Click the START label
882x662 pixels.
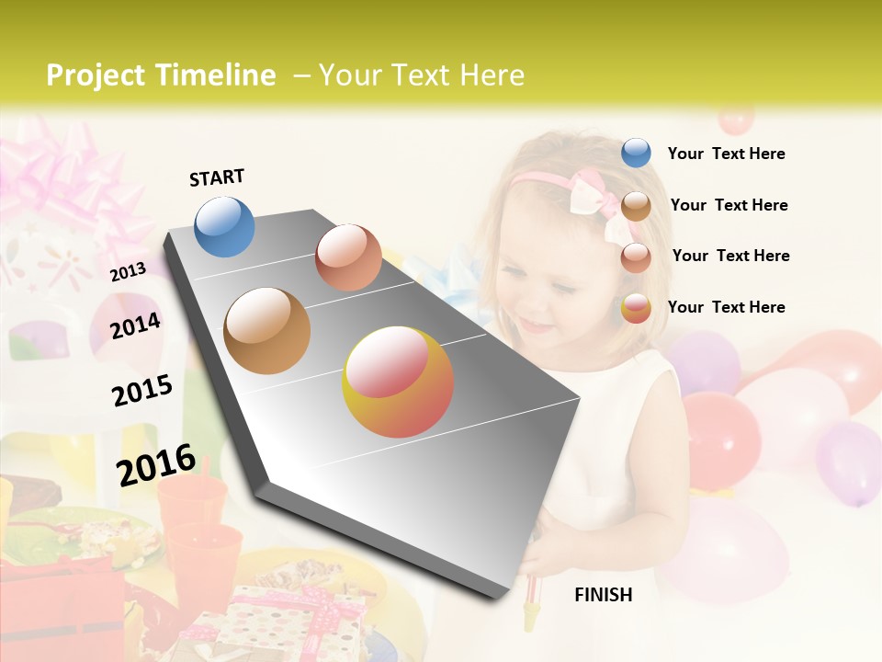coord(217,177)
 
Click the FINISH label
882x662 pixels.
coord(603,595)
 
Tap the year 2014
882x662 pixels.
coord(135,325)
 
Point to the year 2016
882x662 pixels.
coord(156,464)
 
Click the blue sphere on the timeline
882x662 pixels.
coord(225,226)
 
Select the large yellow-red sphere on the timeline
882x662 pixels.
coord(398,382)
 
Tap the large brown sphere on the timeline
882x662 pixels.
coord(266,330)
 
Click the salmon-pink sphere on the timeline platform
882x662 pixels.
coord(348,257)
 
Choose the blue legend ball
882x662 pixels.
coord(636,153)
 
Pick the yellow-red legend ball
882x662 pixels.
coord(636,308)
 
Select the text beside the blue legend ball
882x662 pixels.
coord(726,154)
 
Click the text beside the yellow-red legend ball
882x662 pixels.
coord(726,307)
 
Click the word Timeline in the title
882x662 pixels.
coord(217,75)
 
